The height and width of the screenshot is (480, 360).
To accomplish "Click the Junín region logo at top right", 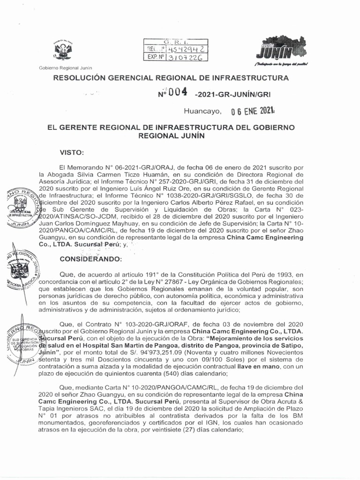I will (x=280, y=49).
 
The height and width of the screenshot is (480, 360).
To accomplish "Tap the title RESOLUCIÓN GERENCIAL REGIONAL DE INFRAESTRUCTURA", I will (x=172, y=77).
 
